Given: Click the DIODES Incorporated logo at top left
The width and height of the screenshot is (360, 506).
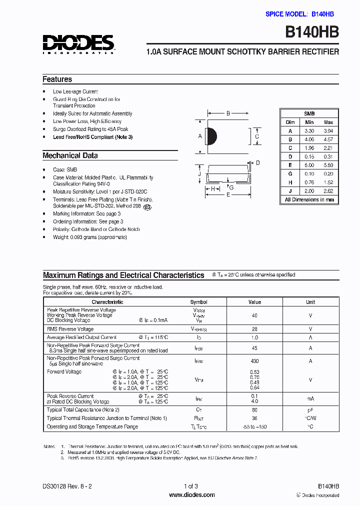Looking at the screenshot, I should (78, 44).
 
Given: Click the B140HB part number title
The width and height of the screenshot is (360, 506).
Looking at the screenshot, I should (312, 32).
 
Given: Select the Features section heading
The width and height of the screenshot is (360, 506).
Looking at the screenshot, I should (57, 79).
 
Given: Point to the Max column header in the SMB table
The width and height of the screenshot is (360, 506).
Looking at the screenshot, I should (328, 122).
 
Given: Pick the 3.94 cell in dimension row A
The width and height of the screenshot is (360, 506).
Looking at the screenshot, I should (328, 131).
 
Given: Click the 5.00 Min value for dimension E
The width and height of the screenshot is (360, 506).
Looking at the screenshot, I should (309, 165).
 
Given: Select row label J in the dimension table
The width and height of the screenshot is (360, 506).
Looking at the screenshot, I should (290, 191).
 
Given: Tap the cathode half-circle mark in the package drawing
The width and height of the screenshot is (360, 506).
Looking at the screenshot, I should (211, 136).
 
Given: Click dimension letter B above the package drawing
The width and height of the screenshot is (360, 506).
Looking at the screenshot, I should (228, 113).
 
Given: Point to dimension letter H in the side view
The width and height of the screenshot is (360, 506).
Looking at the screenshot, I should (212, 188).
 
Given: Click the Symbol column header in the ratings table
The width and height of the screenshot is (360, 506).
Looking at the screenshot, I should (198, 302).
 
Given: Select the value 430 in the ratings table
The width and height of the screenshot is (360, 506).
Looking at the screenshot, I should (254, 361).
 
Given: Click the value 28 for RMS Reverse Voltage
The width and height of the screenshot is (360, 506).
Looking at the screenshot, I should (254, 329).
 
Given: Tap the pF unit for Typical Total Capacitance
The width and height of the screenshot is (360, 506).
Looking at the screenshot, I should (310, 410).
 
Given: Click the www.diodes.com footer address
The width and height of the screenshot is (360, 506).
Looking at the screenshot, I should (192, 495).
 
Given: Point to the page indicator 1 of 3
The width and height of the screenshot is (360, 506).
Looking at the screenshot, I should (191, 486).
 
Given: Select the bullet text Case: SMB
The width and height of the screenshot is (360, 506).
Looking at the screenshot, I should (65, 170).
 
